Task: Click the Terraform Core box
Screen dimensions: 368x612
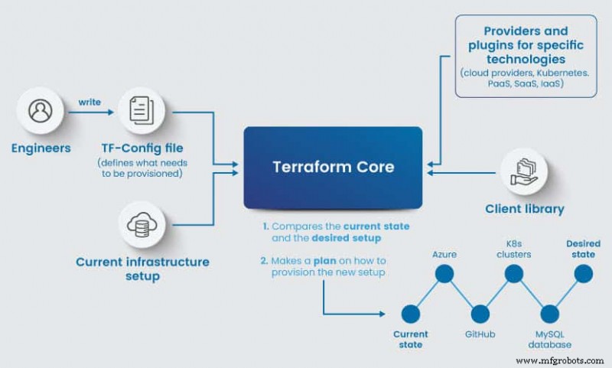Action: tap(333, 168)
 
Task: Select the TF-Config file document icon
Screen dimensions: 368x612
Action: tap(140, 112)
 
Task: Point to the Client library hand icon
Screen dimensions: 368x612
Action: tap(524, 171)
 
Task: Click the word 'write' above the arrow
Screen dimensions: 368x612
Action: tap(89, 99)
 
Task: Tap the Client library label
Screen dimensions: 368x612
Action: tap(524, 208)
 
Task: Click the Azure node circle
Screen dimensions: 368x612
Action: tap(446, 274)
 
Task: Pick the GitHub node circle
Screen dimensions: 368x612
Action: tap(480, 314)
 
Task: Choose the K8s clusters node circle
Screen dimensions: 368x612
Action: tap(514, 274)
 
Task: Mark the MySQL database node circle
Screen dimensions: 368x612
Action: tap(549, 314)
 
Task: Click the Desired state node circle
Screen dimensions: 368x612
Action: tap(583, 274)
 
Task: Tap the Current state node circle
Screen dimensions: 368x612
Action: tap(411, 314)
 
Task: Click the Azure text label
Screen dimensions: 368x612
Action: tap(444, 252)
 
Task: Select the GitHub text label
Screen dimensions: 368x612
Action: tap(480, 334)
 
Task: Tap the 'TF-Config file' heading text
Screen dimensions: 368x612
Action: tap(142, 147)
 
